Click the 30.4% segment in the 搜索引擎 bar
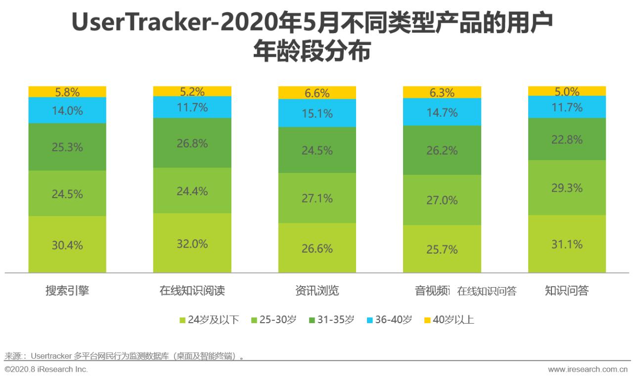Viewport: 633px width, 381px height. pyautogui.click(x=67, y=245)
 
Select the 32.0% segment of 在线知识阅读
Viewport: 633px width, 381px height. pyautogui.click(x=192, y=243)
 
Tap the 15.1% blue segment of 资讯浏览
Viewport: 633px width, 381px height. pyautogui.click(x=317, y=113)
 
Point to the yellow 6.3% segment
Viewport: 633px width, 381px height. pyautogui.click(x=442, y=92)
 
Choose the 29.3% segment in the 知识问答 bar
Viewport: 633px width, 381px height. pyautogui.click(x=567, y=188)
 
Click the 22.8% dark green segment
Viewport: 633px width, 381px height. pyautogui.click(x=567, y=139)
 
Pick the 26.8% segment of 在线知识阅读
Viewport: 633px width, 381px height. pyautogui.click(x=192, y=143)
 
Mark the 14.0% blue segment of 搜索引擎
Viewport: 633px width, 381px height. pyautogui.click(x=67, y=110)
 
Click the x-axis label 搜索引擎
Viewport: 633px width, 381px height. pyautogui.click(x=67, y=291)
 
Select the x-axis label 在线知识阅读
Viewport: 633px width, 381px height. pyautogui.click(x=192, y=291)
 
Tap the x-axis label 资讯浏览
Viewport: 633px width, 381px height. pyautogui.click(x=317, y=291)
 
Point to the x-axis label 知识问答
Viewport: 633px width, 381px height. pyautogui.click(x=567, y=291)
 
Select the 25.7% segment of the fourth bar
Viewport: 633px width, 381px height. pyautogui.click(x=442, y=250)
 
